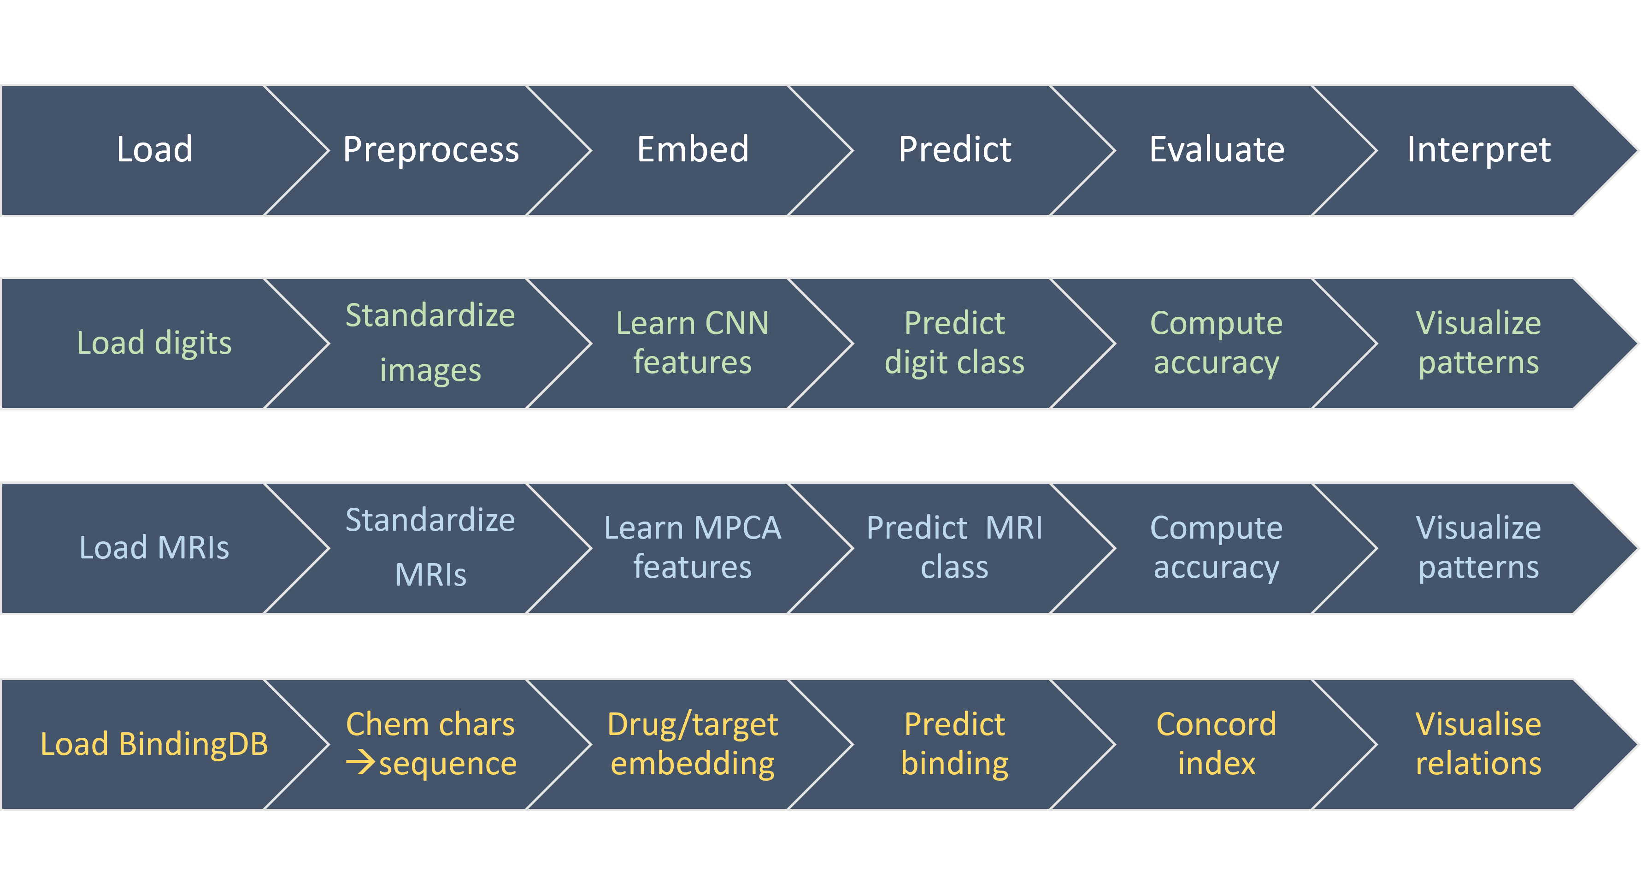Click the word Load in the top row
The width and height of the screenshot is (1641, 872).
[154, 150]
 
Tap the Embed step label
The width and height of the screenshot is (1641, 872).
[693, 150]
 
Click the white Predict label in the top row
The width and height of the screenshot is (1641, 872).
[954, 150]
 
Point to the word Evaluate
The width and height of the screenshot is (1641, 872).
[1217, 150]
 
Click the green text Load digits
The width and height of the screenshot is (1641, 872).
[154, 344]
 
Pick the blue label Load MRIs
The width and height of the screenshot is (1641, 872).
[154, 547]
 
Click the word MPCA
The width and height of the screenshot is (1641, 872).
[737, 528]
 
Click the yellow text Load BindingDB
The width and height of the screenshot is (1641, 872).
[154, 744]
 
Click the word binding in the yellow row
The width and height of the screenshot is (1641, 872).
[954, 764]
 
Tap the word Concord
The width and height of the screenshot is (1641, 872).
[1216, 724]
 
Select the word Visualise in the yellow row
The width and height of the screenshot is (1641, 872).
[1478, 724]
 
